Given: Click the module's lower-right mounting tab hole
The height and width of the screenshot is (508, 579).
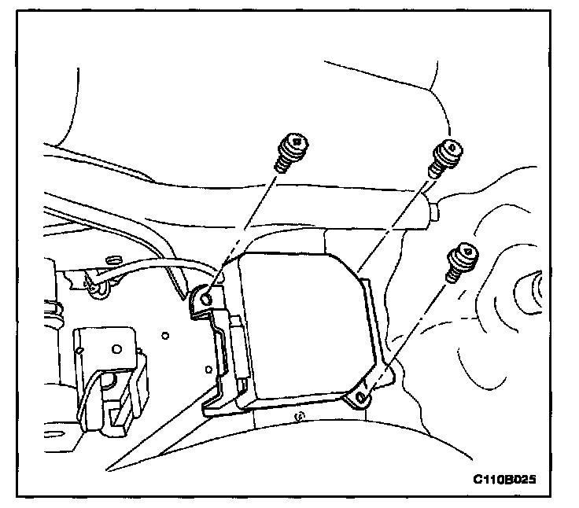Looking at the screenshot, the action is pyautogui.click(x=361, y=399).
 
